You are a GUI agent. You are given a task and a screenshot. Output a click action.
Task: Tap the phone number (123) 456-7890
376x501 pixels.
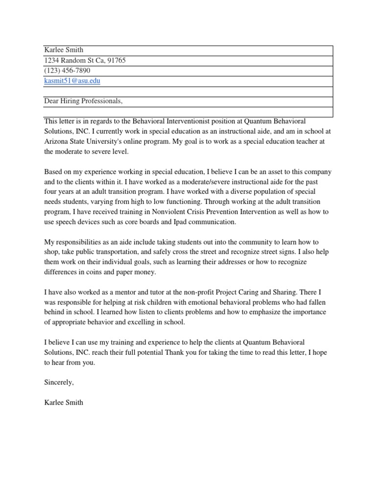click(x=67, y=70)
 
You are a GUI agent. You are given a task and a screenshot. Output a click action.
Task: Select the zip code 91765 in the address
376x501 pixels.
click(x=122, y=61)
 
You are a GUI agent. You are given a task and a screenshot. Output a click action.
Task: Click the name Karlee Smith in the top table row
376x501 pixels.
click(x=64, y=50)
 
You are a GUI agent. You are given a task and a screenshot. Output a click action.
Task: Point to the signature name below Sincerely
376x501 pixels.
click(x=64, y=403)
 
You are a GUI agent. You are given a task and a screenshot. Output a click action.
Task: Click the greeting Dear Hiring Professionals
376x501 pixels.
click(x=83, y=101)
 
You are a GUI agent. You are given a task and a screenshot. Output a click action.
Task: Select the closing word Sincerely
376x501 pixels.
click(x=59, y=382)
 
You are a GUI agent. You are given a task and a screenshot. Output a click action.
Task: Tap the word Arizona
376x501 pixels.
click(x=57, y=141)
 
